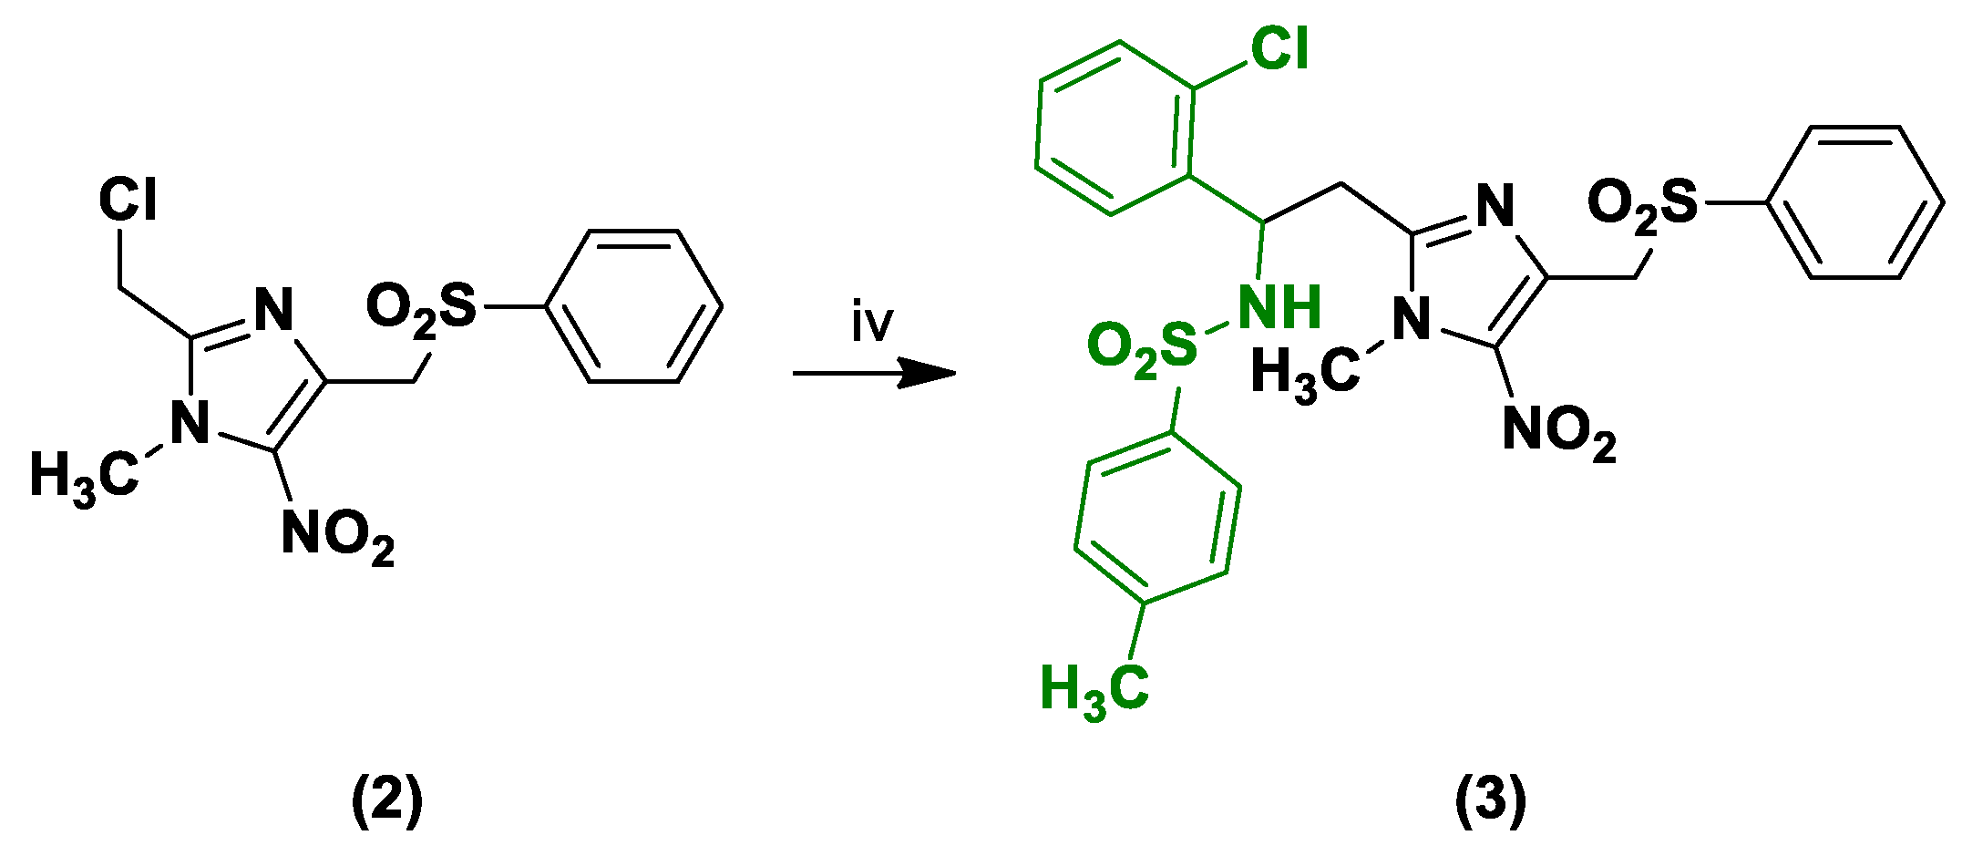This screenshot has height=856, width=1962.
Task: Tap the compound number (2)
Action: [387, 799]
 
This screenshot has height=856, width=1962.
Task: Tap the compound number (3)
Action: [1490, 799]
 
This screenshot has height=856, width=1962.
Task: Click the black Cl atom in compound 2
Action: [128, 199]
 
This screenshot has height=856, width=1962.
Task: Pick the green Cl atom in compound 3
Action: [1279, 47]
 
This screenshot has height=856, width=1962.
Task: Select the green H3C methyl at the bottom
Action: [1094, 688]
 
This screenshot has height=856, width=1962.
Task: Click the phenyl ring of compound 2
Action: [633, 306]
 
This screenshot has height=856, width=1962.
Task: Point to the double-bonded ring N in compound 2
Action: [272, 310]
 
